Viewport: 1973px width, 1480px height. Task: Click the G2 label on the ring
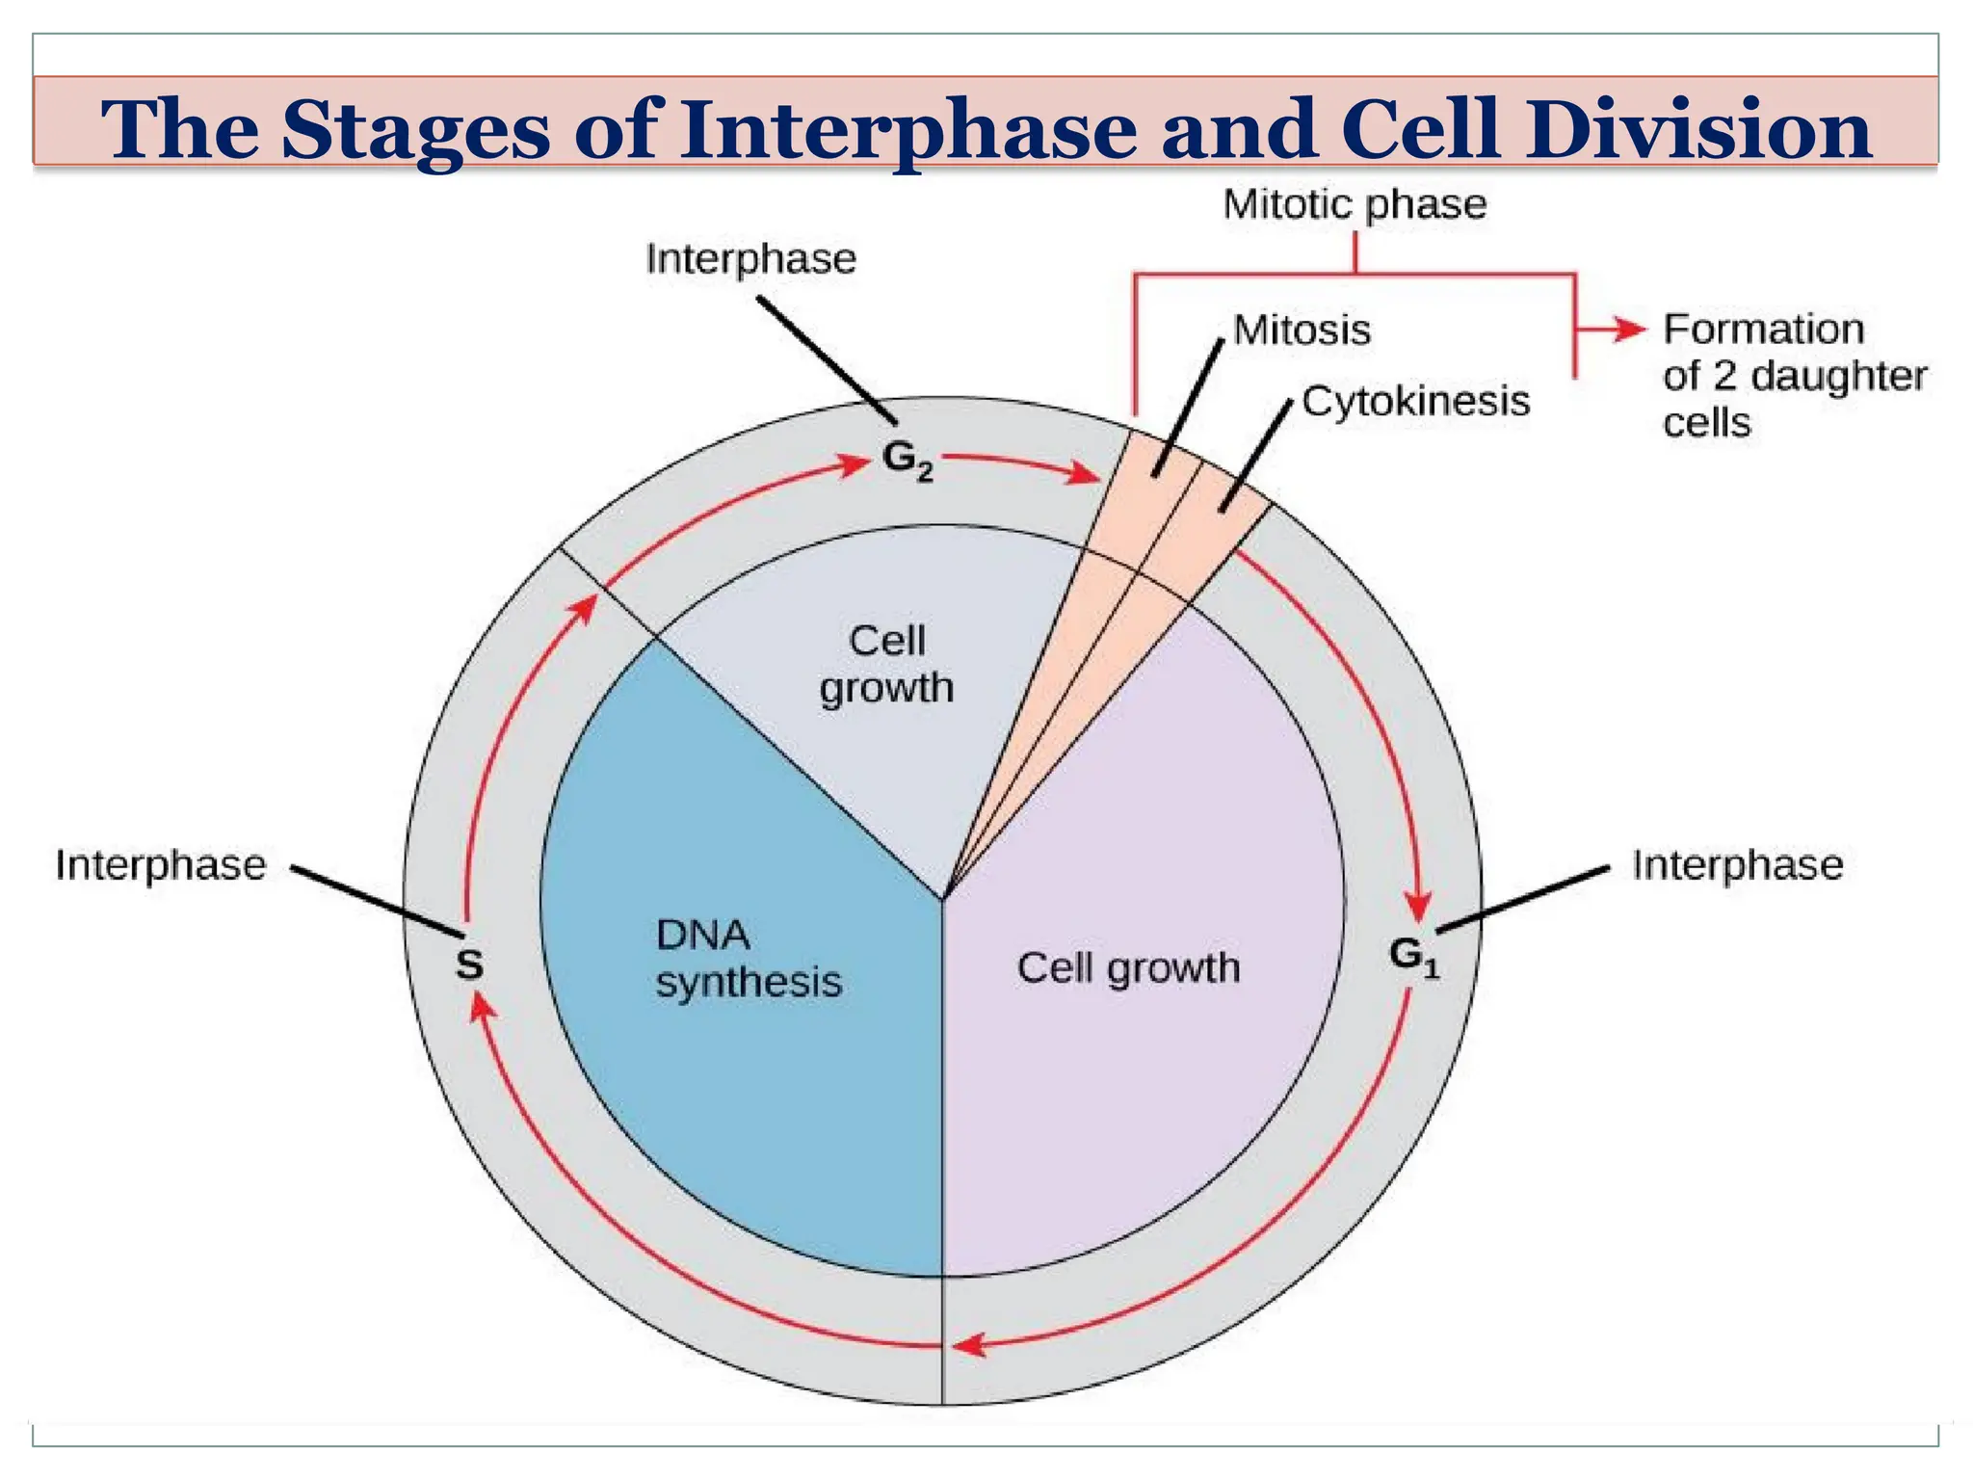point(907,460)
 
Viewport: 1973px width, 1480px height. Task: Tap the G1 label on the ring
point(1413,957)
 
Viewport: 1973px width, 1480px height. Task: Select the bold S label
point(469,964)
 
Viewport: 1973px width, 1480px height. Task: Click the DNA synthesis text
point(748,959)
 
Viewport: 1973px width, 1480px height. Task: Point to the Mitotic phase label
point(1355,204)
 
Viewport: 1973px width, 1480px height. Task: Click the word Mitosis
point(1302,330)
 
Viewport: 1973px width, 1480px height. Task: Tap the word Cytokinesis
point(1415,401)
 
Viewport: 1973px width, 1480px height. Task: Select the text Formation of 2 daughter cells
point(1793,376)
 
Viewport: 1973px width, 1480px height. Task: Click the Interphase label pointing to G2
point(750,259)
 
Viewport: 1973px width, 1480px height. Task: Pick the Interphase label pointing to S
point(160,864)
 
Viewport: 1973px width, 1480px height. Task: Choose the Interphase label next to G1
point(1737,864)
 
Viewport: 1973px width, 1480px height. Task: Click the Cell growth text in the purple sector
point(1128,967)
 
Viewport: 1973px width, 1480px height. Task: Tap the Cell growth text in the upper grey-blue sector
point(886,665)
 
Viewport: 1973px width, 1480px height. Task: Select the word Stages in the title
point(415,130)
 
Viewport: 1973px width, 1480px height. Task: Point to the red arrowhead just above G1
point(1417,907)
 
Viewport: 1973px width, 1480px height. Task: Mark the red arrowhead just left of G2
point(853,464)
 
